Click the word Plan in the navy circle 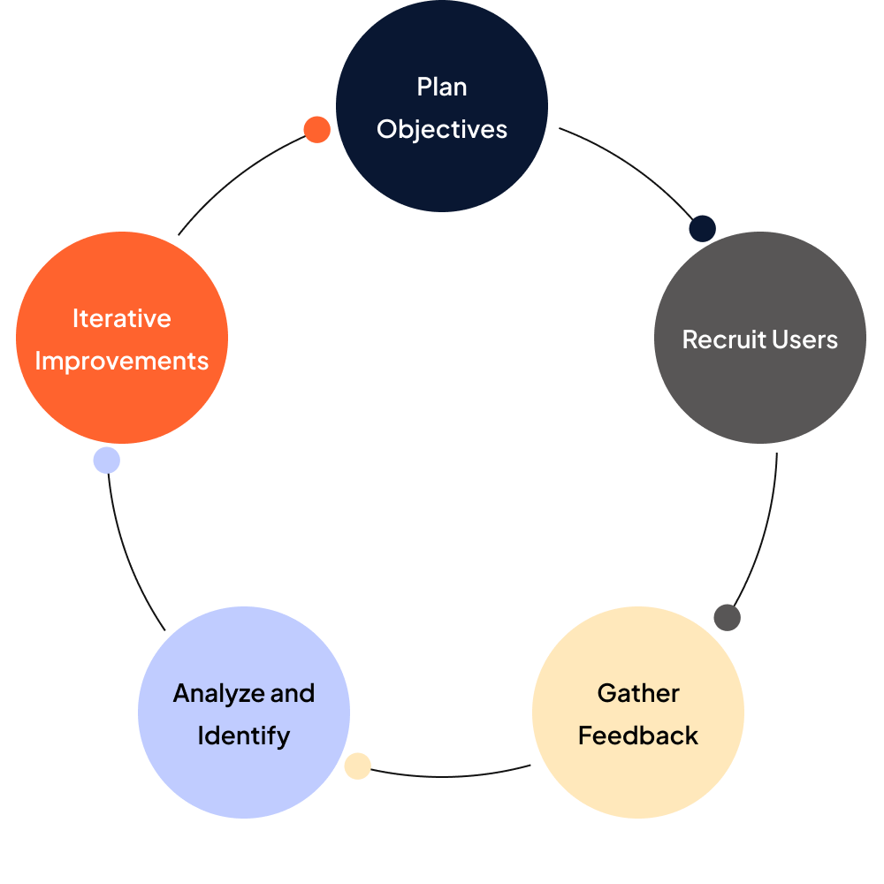442,87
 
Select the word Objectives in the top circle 442,129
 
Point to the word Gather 638,693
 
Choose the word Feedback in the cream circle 638,735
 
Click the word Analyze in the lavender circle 219,693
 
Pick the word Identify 244,735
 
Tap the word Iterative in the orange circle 122,318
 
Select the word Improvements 122,361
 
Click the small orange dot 316,130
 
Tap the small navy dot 702,228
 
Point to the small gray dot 727,617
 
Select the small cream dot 357,766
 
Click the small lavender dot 106,461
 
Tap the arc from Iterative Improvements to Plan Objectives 234,177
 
